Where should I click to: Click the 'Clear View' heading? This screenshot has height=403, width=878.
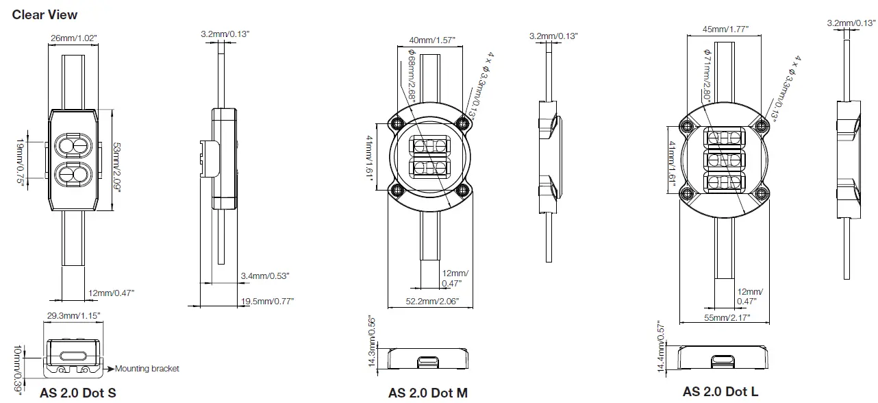pos(45,14)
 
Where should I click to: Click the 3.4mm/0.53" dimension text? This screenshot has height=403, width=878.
pos(265,276)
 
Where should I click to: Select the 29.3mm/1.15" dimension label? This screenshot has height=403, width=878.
pos(73,316)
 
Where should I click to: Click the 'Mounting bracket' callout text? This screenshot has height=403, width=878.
pos(147,369)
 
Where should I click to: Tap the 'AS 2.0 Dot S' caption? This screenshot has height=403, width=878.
pos(77,393)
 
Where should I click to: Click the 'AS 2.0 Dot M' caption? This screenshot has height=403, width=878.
pos(428,393)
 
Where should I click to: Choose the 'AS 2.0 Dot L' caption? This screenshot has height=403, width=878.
pos(720,392)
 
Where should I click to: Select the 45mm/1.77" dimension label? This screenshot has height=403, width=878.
pos(725,29)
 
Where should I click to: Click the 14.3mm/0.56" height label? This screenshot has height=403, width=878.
pos(373,340)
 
